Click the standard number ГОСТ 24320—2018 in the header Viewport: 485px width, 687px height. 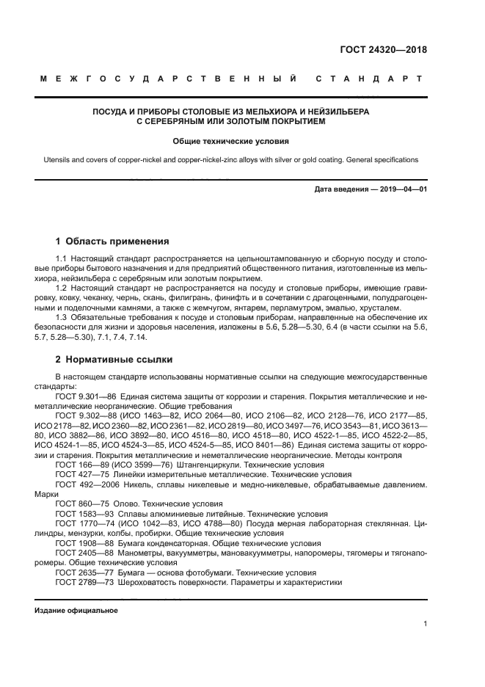[x=383, y=51]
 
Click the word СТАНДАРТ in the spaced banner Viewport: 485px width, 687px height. [x=371, y=79]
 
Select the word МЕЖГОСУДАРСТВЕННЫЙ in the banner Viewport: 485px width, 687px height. [x=169, y=79]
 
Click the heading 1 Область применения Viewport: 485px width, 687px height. [x=112, y=241]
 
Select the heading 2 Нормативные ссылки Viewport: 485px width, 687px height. [x=114, y=360]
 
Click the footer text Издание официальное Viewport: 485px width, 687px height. [x=76, y=610]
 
